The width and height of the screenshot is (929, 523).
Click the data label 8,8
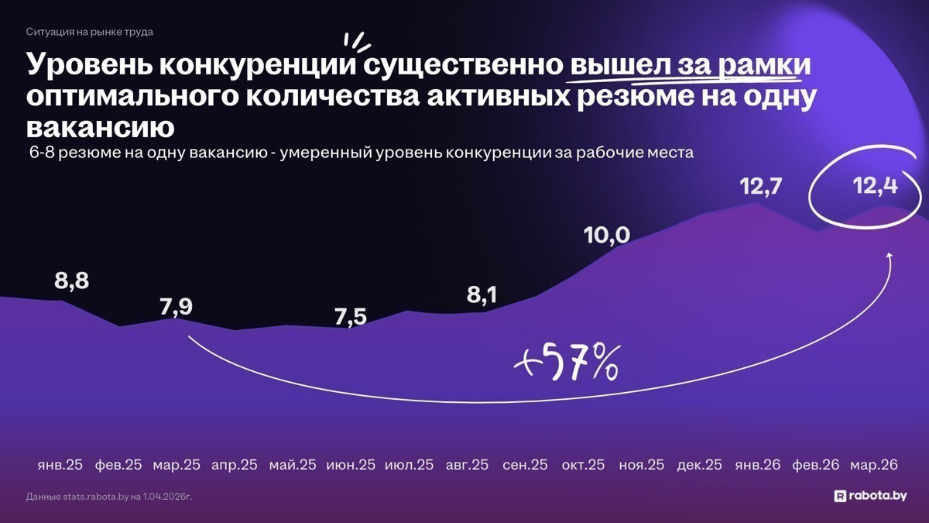pos(71,280)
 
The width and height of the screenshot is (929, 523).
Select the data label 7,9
pos(177,307)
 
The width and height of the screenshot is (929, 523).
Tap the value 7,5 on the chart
pos(350,317)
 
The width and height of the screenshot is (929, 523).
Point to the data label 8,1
pos(482,294)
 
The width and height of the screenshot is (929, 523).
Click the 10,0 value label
pos(607,235)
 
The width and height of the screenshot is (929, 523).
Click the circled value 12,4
pos(875,187)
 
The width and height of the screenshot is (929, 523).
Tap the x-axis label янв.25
pos(60,465)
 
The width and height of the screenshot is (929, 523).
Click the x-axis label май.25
pos(293,465)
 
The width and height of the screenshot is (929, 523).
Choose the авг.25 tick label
pos(467,465)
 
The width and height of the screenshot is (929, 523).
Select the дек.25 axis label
pos(699,465)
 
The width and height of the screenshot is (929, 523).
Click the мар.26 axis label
pos(873,465)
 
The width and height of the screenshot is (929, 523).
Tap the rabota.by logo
pos(870,496)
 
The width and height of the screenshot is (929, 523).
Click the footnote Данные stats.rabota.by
pos(108,496)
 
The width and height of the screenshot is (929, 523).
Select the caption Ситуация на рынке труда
pos(89,32)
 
